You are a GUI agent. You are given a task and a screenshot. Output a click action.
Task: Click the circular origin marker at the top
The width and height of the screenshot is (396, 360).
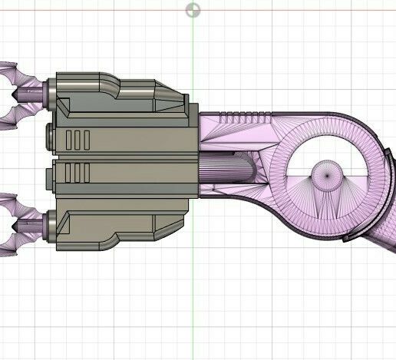pos(193,10)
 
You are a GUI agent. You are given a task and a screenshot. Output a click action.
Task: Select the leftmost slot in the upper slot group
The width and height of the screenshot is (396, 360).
pos(70,140)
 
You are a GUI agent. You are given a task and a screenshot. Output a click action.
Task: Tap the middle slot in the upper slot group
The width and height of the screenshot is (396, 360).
pos(79,140)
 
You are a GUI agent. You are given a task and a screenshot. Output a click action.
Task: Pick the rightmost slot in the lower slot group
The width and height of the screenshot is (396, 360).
pos(88,174)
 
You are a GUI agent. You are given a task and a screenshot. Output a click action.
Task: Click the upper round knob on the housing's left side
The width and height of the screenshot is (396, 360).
pos(51,137)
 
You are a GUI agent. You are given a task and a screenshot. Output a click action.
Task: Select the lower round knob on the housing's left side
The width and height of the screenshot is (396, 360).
pos(51,178)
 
